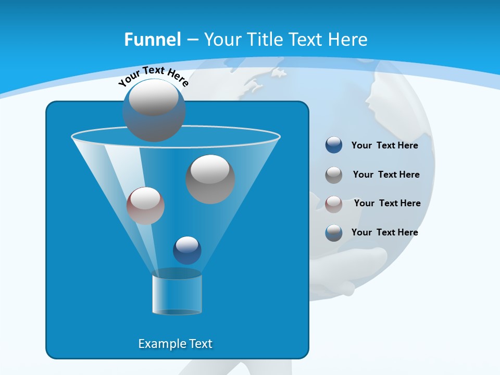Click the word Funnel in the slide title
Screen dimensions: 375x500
click(152, 40)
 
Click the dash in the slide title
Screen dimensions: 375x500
click(192, 40)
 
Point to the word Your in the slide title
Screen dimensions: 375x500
click(222, 40)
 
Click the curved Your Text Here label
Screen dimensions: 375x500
click(153, 76)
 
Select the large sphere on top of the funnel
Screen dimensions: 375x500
click(154, 110)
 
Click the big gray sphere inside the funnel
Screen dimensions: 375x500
click(210, 179)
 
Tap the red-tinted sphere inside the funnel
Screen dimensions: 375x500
click(145, 206)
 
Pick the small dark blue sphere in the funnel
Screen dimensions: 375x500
click(187, 251)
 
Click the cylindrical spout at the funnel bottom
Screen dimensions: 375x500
click(177, 293)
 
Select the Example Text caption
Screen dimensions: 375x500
click(176, 344)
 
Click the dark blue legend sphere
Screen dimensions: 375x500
click(334, 145)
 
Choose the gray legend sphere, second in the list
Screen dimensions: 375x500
click(334, 175)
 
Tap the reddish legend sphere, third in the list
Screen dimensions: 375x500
click(334, 204)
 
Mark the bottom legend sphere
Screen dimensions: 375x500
click(334, 233)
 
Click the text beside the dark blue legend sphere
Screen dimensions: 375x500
click(384, 145)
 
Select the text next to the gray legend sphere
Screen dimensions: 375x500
click(386, 174)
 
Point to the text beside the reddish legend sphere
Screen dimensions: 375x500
click(387, 203)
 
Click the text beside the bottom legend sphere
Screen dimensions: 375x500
click(384, 232)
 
